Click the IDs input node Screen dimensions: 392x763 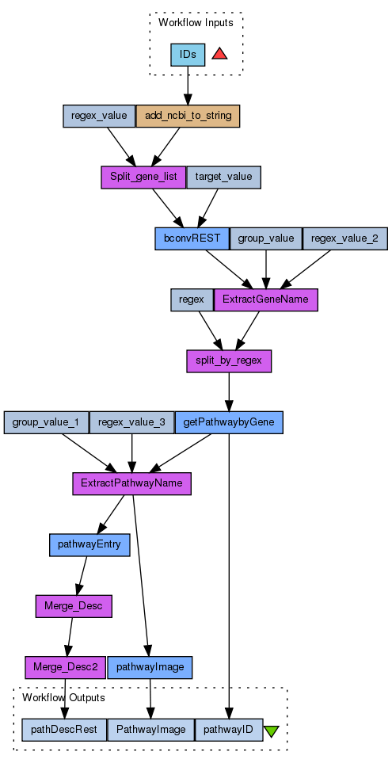[188, 55]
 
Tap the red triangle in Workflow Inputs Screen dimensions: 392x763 [220, 54]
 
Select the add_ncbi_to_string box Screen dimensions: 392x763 [188, 116]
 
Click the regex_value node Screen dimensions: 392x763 [99, 116]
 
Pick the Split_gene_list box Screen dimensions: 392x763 [143, 177]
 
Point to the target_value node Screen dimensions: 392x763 [224, 177]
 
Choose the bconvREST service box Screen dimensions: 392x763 [192, 238]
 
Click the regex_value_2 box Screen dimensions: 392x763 [345, 238]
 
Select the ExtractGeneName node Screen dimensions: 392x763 [265, 299]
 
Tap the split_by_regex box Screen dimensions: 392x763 [229, 361]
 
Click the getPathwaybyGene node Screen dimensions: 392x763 [229, 422]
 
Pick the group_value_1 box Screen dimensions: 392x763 [46, 422]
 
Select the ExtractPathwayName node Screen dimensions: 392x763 [131, 483]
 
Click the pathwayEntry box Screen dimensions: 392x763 [90, 545]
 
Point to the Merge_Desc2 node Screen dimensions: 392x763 [66, 668]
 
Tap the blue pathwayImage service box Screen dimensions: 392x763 [150, 668]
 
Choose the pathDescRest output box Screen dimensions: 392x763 [64, 730]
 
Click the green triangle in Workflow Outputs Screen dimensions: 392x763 [271, 731]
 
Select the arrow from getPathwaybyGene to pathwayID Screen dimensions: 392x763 [229, 576]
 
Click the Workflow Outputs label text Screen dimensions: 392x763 [63, 698]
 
